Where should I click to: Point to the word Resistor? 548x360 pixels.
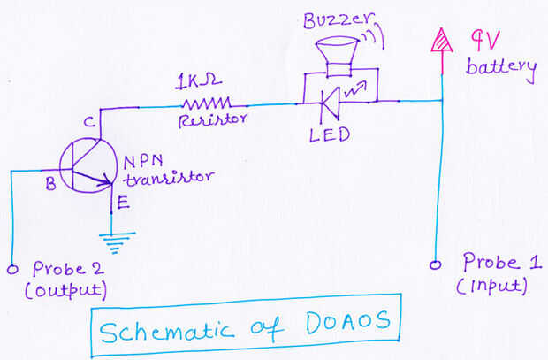tap(211, 120)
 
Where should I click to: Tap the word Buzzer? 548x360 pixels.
tap(327, 19)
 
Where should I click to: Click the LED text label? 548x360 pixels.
tap(330, 134)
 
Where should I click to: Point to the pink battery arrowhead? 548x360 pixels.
tap(438, 40)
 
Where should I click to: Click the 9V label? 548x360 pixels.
tap(486, 40)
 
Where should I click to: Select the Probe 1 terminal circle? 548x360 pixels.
tap(435, 264)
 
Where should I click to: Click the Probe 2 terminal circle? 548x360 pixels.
tap(11, 269)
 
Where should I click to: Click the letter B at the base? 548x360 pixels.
tap(49, 184)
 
